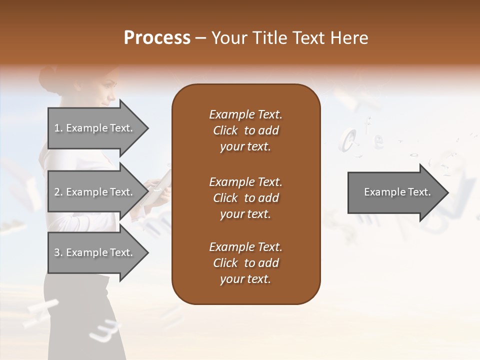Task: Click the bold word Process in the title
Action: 157,38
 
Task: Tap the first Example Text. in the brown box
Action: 245,114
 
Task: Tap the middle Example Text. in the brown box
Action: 245,181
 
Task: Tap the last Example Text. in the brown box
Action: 245,247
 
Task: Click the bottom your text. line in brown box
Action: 245,279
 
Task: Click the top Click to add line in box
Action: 245,130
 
